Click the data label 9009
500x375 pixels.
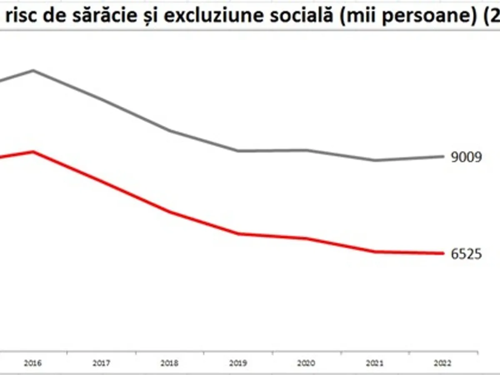pyautogui.click(x=466, y=157)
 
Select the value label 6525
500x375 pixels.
pyautogui.click(x=466, y=254)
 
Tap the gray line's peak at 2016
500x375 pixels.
pyautogui.click(x=33, y=70)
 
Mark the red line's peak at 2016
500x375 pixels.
pyautogui.click(x=33, y=152)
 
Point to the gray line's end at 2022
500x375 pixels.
pyautogui.click(x=443, y=157)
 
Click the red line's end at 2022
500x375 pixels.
pyautogui.click(x=443, y=253)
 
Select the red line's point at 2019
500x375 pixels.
pyautogui.click(x=238, y=234)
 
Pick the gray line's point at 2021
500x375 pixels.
pyautogui.click(x=375, y=160)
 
